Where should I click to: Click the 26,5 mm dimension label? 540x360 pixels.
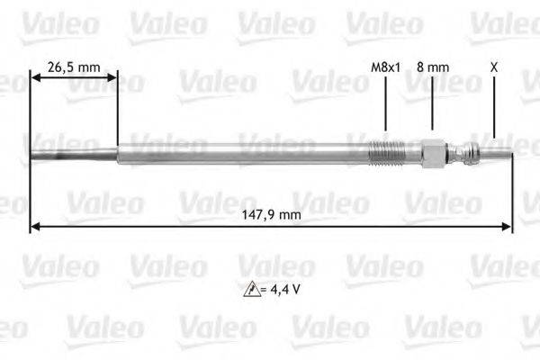point(74,67)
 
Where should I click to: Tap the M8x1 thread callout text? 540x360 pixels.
point(384,67)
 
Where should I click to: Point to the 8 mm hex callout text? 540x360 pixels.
point(433,67)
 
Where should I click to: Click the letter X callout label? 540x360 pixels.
point(494,67)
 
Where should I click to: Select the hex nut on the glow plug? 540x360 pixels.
point(432,153)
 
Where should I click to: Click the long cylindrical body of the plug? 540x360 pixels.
point(243,153)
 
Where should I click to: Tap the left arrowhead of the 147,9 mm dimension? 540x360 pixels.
point(35,227)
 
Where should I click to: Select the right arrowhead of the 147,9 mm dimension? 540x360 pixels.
point(508,227)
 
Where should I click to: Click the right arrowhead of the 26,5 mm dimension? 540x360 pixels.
point(112,79)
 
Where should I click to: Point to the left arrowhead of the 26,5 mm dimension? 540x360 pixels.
point(36,79)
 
